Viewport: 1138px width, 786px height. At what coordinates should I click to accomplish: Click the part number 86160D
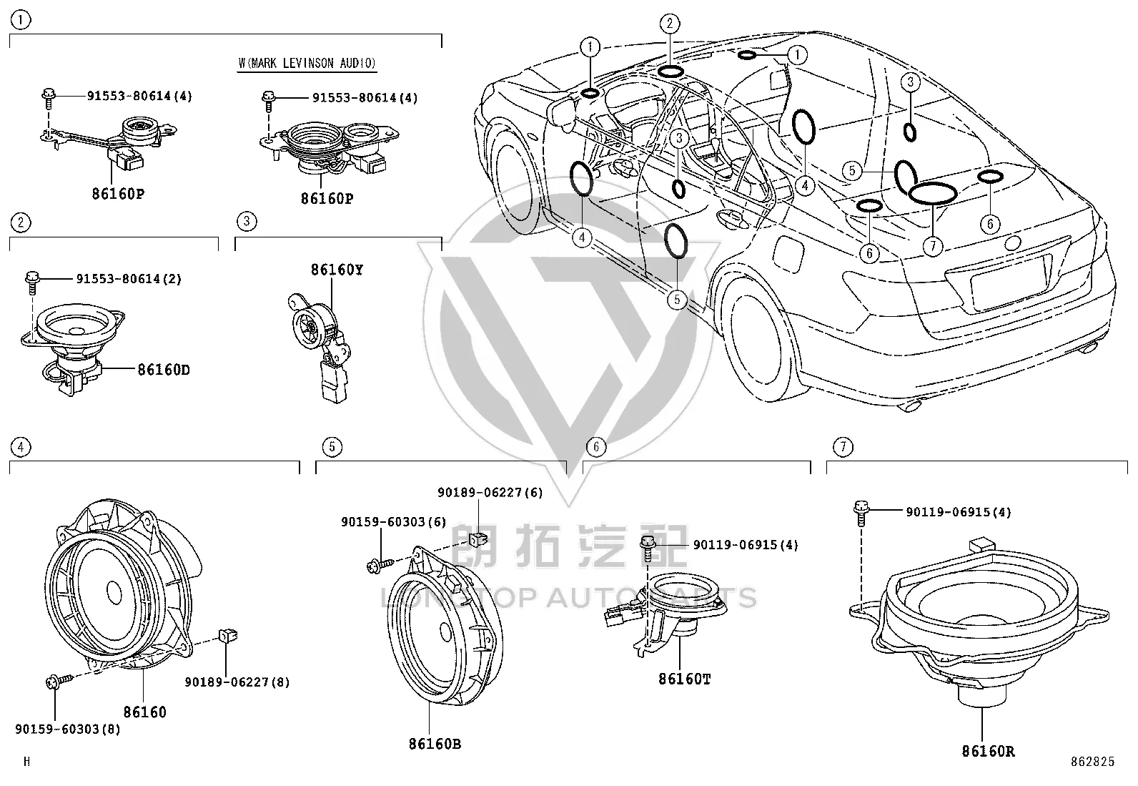pos(164,370)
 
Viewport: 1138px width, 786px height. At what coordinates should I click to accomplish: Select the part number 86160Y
pos(337,270)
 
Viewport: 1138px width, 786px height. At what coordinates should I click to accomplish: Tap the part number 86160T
pos(684,679)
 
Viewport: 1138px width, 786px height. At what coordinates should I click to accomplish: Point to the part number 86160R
pos(988,751)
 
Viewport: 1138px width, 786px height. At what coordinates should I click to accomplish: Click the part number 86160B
pos(435,744)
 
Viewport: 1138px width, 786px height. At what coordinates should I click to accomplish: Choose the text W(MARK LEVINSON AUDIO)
pos(307,63)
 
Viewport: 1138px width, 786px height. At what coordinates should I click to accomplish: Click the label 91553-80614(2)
pos(129,279)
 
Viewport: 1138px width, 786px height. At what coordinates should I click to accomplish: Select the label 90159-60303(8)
pos(68,729)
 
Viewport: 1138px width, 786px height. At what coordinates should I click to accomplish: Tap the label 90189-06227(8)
pos(237,682)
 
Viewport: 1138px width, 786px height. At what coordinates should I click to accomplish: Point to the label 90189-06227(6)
pos(490,492)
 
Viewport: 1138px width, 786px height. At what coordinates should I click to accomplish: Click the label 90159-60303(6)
pos(394,521)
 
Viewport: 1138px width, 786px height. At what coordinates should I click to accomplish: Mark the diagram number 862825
pos(1092,762)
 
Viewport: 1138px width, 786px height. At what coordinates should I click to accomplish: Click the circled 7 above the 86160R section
pos(843,447)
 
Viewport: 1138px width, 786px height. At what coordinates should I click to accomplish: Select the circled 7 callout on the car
pos(933,246)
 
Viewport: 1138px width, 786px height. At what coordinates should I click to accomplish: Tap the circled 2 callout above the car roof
pos(670,24)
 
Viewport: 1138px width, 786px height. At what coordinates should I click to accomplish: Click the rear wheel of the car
pos(757,338)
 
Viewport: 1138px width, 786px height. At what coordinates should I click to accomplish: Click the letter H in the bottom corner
pos(26,762)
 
